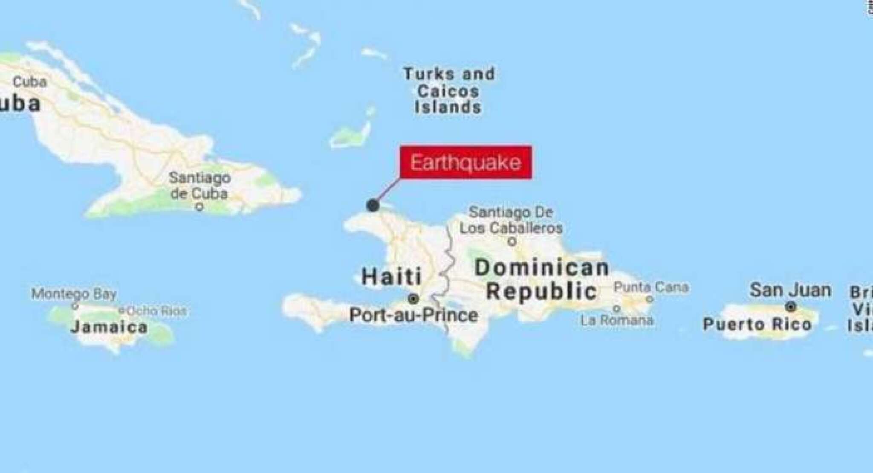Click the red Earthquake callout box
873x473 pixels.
pyautogui.click(x=465, y=163)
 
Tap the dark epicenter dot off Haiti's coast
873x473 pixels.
pyautogui.click(x=373, y=206)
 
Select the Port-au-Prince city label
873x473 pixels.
pyautogui.click(x=413, y=316)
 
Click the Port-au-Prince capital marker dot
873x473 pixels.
pyautogui.click(x=413, y=299)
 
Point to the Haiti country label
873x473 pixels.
pyautogui.click(x=391, y=276)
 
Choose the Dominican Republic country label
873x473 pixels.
pyautogui.click(x=542, y=279)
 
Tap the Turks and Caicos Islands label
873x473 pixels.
pyautogui.click(x=448, y=90)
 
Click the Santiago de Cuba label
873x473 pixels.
pyautogui.click(x=199, y=185)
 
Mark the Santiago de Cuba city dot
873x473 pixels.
pyautogui.click(x=199, y=208)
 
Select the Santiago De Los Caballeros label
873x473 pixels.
pyautogui.click(x=511, y=220)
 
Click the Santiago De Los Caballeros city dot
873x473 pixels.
pyautogui.click(x=513, y=241)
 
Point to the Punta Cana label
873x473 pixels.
pyautogui.click(x=651, y=287)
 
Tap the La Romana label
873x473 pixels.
pyautogui.click(x=617, y=320)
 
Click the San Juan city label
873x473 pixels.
pyautogui.click(x=790, y=290)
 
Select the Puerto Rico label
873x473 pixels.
pyautogui.click(x=757, y=324)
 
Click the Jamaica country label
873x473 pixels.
pyautogui.click(x=109, y=327)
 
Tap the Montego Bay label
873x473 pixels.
pyautogui.click(x=74, y=294)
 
